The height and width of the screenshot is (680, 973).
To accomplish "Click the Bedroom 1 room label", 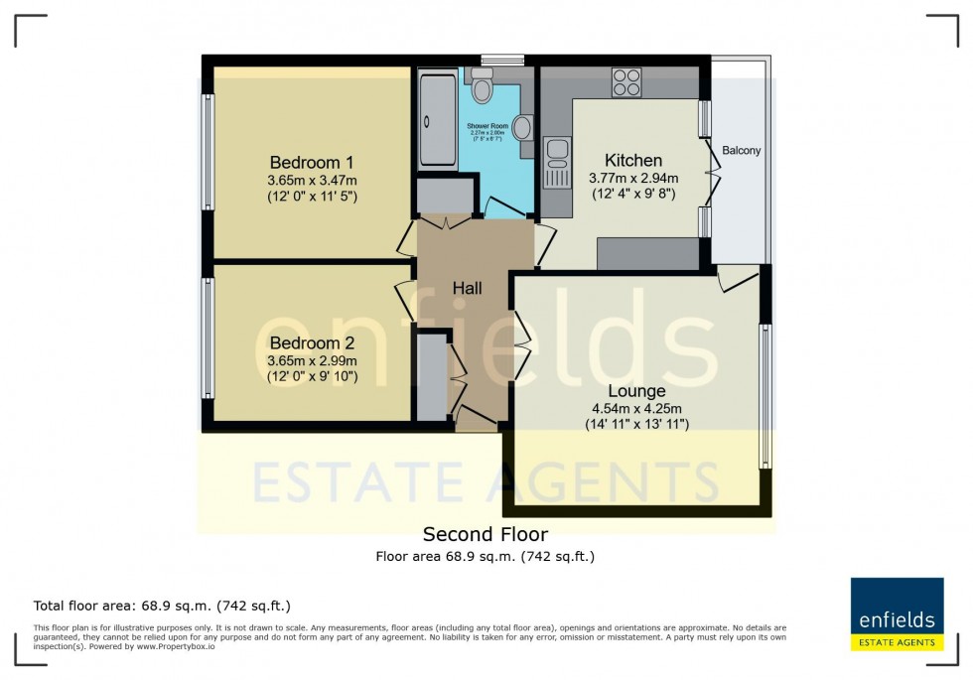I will (x=312, y=162).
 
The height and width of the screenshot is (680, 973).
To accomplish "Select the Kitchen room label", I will (x=632, y=160).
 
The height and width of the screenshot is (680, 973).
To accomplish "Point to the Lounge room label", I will (x=636, y=390).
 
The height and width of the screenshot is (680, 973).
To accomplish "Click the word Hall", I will (x=467, y=288).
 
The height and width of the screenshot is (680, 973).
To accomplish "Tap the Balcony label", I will (x=741, y=151).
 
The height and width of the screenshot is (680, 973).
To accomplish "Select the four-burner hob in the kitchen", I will (x=626, y=82).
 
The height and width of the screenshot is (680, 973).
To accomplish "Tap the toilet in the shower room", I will (x=483, y=87).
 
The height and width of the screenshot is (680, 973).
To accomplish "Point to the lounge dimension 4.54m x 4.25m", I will (x=636, y=408).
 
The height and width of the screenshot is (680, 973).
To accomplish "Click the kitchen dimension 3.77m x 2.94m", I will (x=632, y=179).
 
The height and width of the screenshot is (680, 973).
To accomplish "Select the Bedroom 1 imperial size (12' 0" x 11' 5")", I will (x=312, y=197).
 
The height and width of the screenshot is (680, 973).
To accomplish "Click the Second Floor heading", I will (x=485, y=535).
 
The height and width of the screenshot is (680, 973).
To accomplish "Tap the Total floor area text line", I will (x=162, y=606).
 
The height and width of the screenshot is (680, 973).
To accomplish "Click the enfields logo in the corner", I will (x=897, y=613).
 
